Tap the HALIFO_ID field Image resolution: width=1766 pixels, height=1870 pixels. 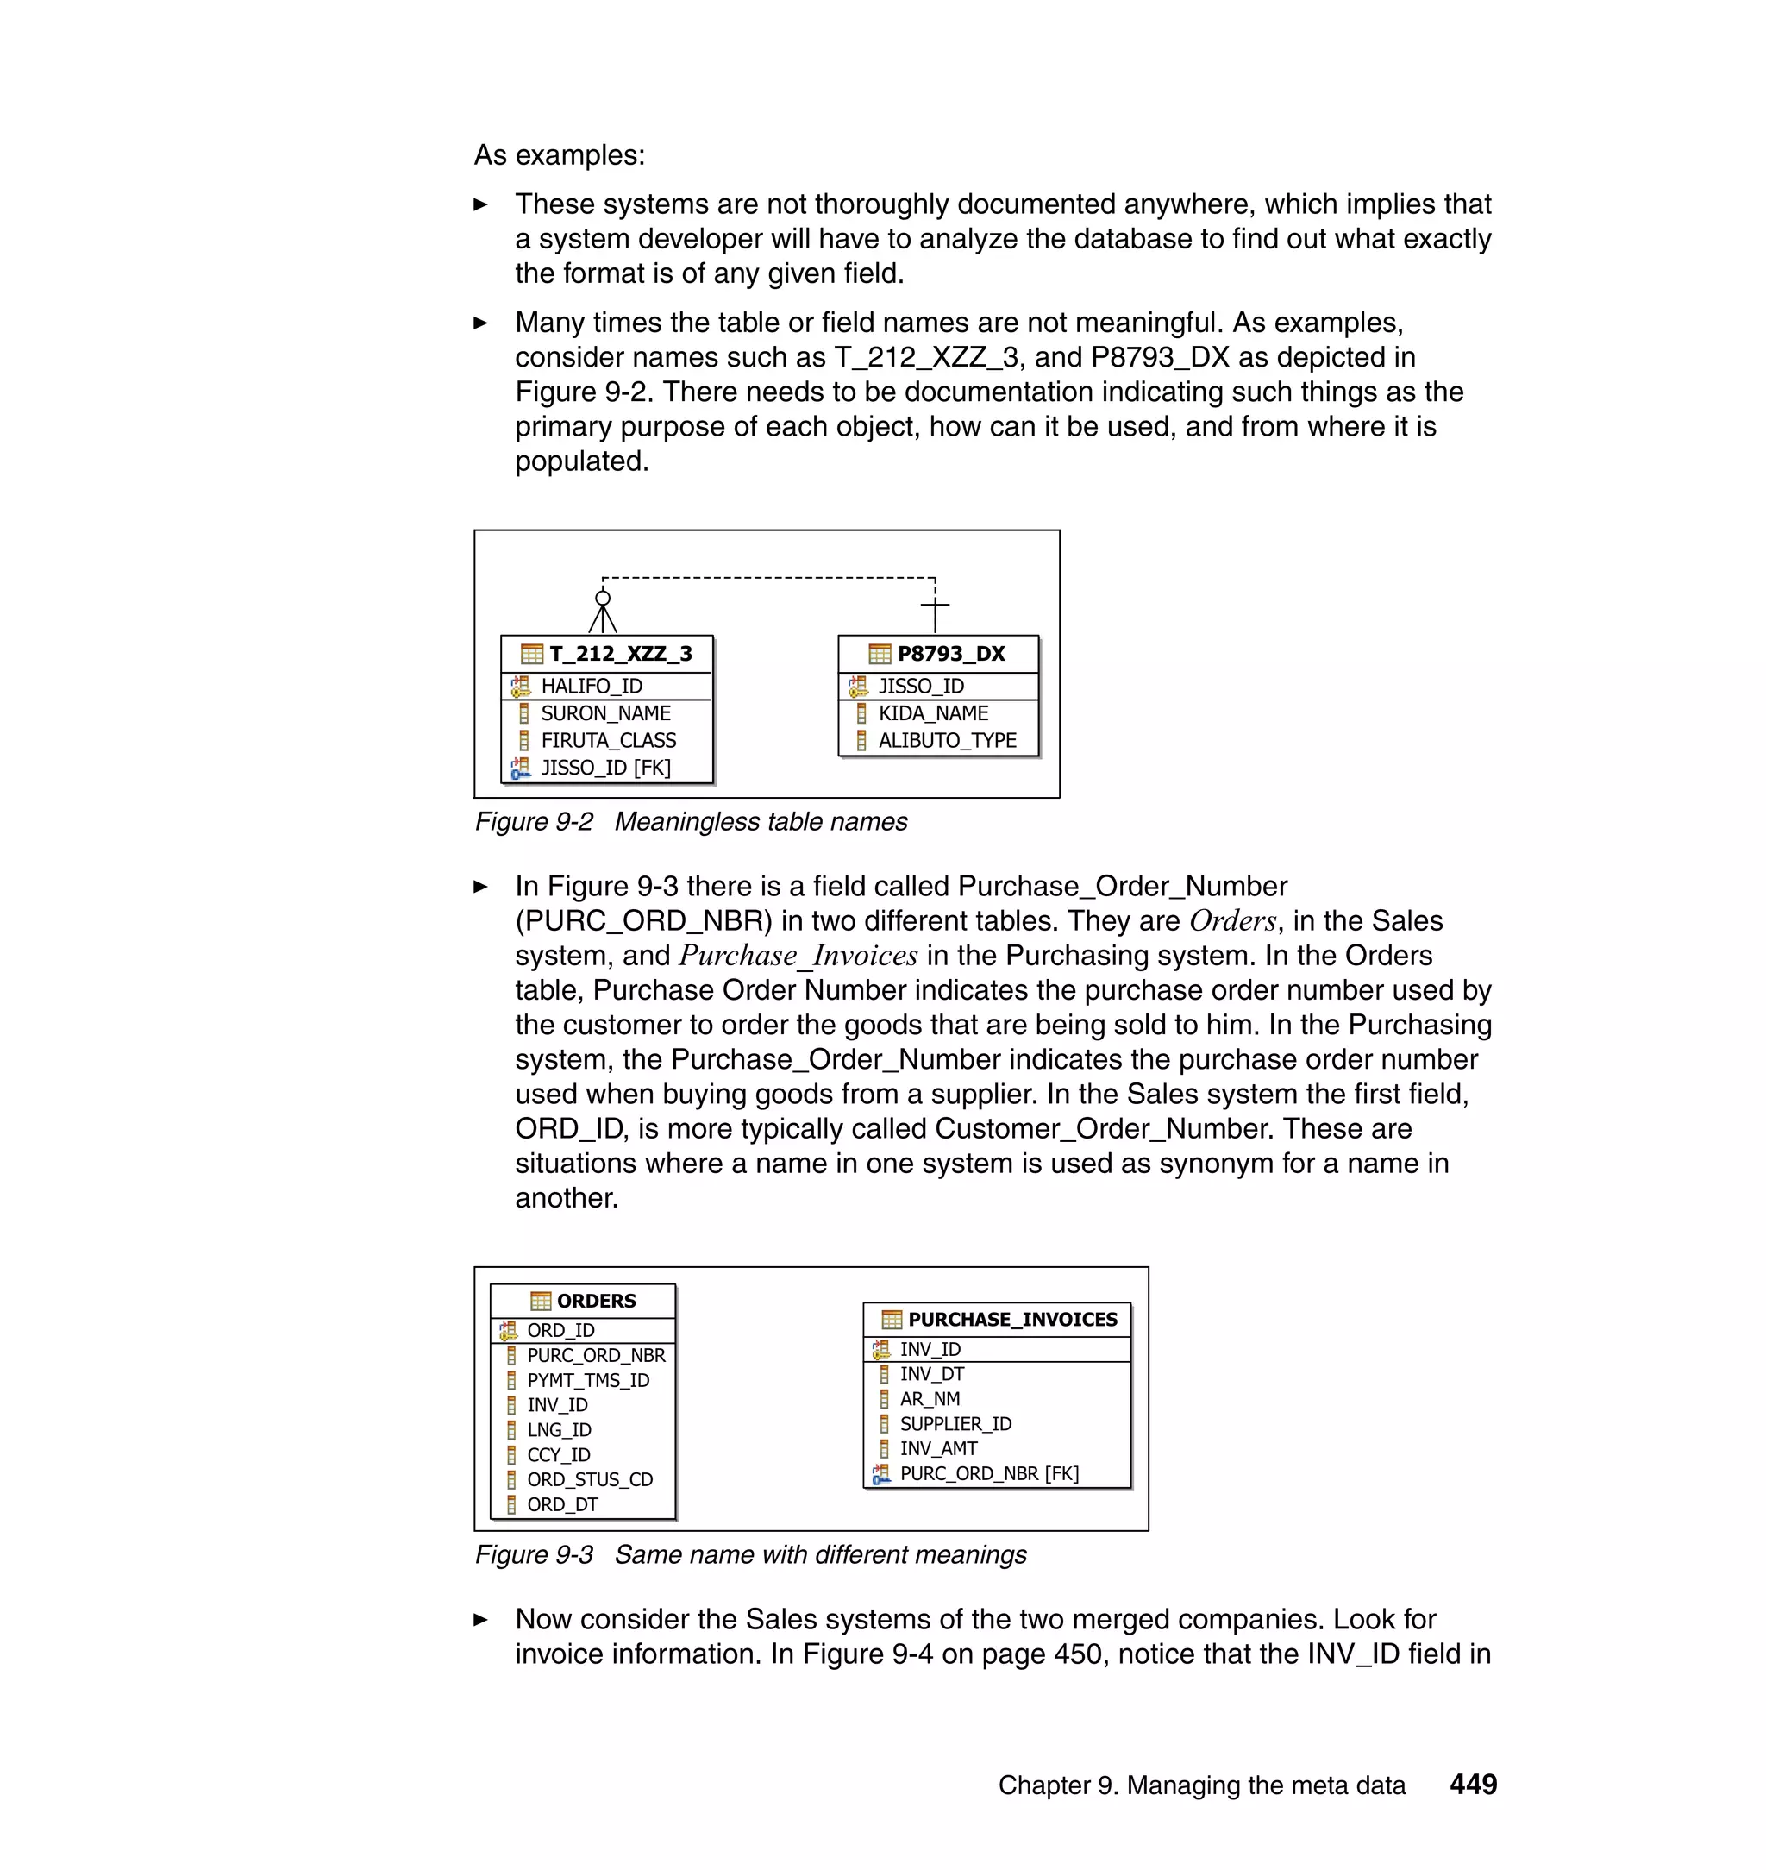pos(592,687)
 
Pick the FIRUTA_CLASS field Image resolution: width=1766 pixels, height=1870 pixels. pos(608,740)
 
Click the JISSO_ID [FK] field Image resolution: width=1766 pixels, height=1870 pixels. pos(605,768)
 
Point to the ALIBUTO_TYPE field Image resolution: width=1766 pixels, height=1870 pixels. pos(947,740)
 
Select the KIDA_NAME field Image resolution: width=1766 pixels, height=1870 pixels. pos(933,713)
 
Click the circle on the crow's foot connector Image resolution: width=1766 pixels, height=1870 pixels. pos(603,598)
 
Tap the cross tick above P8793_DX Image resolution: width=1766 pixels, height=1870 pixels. pos(935,605)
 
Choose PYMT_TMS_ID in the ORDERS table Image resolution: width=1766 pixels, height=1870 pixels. pos(587,1380)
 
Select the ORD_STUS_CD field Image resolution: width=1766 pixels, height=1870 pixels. pos(589,1479)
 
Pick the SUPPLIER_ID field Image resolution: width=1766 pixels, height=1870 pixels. pos(955,1424)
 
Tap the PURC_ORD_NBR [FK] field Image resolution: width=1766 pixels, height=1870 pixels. pos(988,1473)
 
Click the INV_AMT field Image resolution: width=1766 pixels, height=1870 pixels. pos(938,1448)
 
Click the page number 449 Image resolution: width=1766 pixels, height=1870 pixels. pos(1473,1785)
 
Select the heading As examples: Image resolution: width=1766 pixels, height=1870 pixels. pos(559,155)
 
